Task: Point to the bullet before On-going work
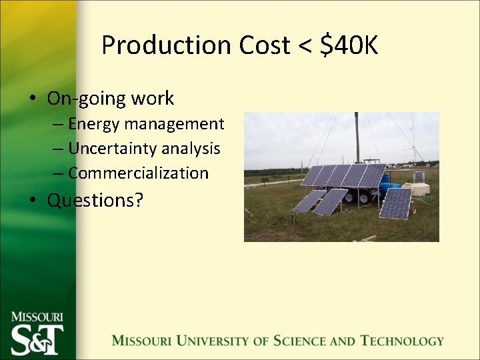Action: pos(32,99)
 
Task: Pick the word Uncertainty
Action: pos(111,148)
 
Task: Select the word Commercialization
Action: pos(138,173)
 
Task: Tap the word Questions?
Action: pos(95,199)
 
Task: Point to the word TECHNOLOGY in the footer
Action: pos(402,341)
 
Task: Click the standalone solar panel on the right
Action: pos(395,203)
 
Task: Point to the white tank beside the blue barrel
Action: pos(419,189)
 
